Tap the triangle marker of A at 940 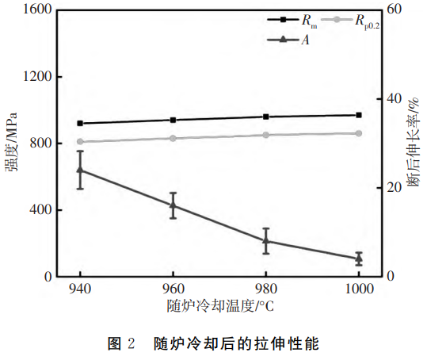(x=80, y=170)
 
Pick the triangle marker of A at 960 (x=173, y=205)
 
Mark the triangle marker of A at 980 (x=266, y=240)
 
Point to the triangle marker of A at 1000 (x=359, y=259)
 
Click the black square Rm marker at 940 (x=80, y=123)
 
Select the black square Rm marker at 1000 (x=359, y=115)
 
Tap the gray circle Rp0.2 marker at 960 (x=173, y=138)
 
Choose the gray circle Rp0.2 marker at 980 (x=266, y=135)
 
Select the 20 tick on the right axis (x=389, y=188)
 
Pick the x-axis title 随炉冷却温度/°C (x=219, y=305)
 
